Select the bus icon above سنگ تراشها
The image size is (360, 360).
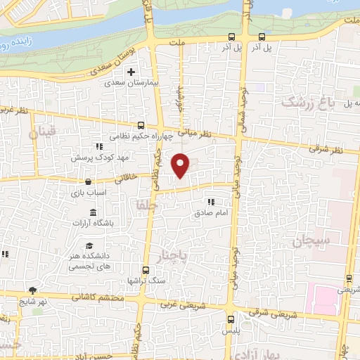(x=146, y=270)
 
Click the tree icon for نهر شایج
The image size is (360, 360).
(x=32, y=290)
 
